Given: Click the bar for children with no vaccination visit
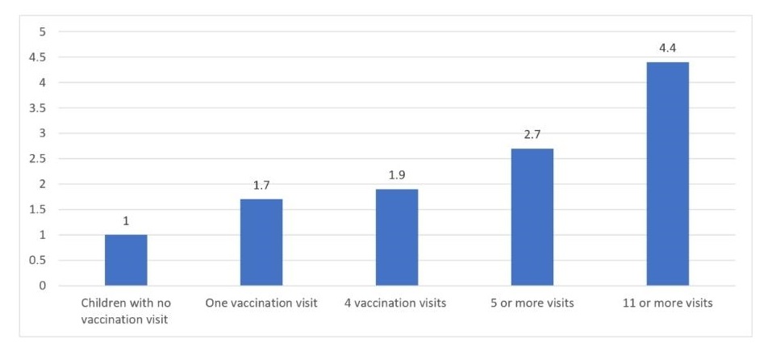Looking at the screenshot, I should tap(126, 260).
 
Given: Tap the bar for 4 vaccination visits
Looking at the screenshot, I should tap(397, 237).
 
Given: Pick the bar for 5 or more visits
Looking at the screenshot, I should tap(532, 217).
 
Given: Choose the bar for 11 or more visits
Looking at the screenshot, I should tap(667, 174).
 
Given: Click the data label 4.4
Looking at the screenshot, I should tap(667, 49).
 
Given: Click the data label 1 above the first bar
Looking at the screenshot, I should tap(126, 221).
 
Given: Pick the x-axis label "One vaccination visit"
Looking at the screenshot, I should tap(261, 303).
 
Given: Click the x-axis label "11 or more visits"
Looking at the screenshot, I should tap(667, 303).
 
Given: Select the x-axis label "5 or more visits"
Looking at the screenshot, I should tap(532, 303).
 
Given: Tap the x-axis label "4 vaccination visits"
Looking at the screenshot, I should tap(397, 303).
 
